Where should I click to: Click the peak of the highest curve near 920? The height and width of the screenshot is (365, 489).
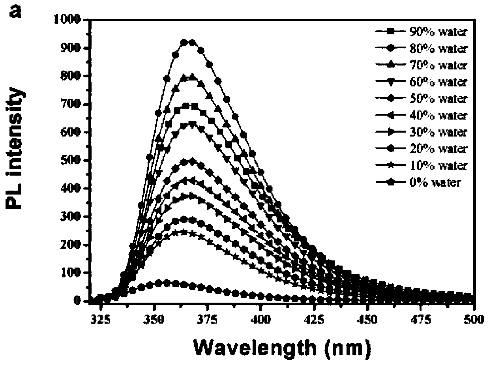(188, 42)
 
